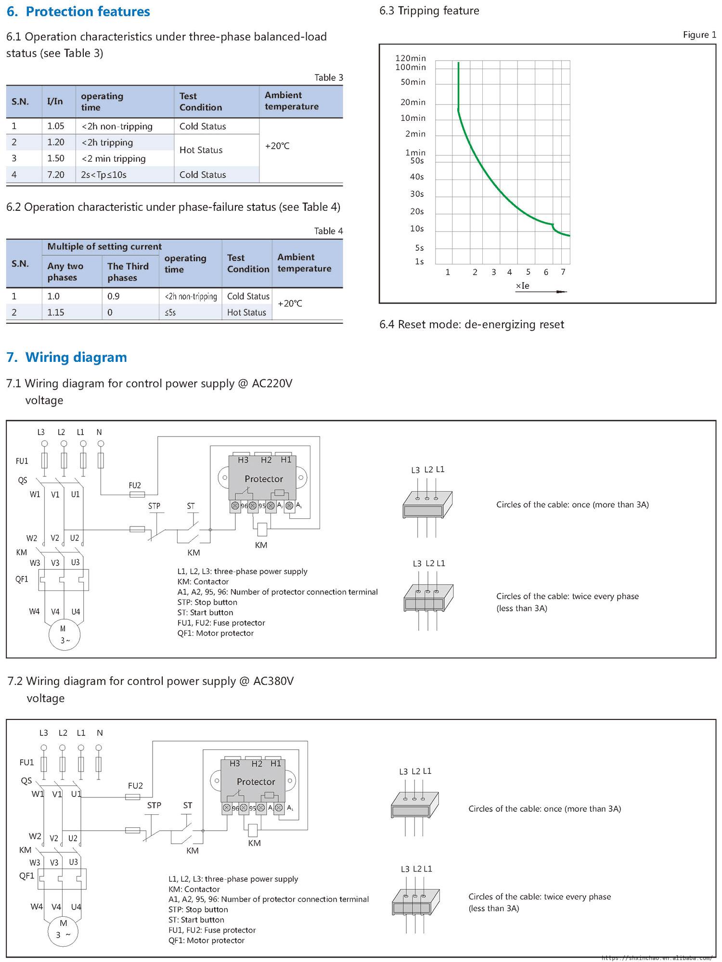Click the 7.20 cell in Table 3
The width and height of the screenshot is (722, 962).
tap(56, 175)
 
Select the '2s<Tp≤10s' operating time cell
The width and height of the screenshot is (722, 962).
tap(104, 175)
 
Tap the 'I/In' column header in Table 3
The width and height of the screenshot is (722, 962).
tap(55, 102)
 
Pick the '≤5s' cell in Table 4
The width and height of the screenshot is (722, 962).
tap(170, 313)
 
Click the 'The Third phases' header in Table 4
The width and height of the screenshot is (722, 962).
tap(128, 272)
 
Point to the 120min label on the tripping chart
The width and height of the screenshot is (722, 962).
tap(411, 58)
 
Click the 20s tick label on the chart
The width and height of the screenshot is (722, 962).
tap(417, 211)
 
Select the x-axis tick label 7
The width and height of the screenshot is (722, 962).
tap(563, 272)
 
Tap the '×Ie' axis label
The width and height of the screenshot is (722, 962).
tap(523, 286)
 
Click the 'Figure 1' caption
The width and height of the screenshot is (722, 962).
tap(699, 35)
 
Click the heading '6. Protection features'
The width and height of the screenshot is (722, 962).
tap(78, 12)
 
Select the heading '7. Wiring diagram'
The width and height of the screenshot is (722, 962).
tap(67, 357)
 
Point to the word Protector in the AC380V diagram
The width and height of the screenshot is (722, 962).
tap(256, 782)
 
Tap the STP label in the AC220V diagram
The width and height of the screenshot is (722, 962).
tap(154, 506)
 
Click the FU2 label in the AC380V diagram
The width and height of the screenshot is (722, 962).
tap(135, 786)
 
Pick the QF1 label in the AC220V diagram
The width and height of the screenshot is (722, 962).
tap(22, 579)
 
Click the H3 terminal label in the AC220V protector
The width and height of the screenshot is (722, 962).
tap(243, 460)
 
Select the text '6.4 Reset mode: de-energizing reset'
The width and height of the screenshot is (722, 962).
tap(472, 324)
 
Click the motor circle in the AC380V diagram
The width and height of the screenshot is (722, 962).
tap(64, 929)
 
